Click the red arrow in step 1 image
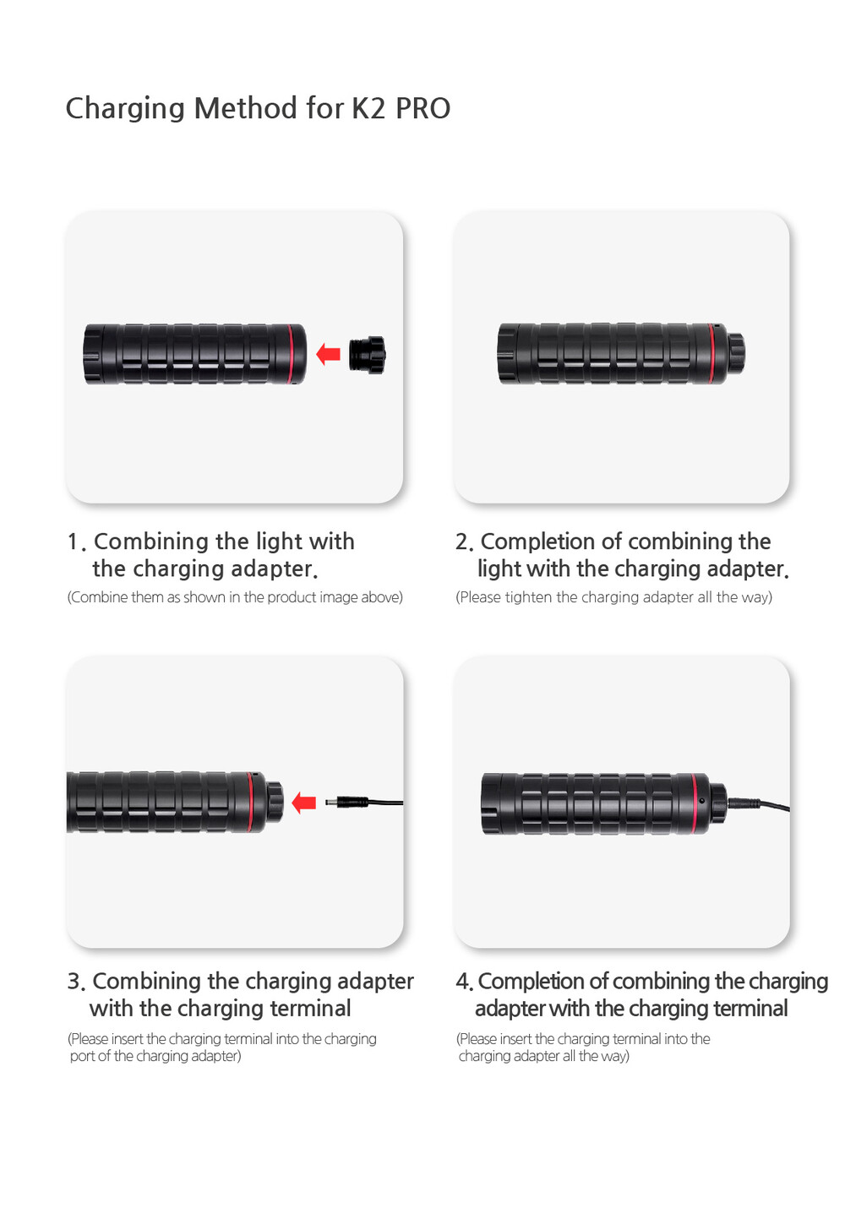click(329, 354)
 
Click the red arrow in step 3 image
click(304, 803)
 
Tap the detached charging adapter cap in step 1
click(368, 355)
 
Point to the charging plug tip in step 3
click(329, 803)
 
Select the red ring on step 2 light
click(711, 354)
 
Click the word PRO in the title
click(422, 108)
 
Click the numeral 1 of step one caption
click(73, 542)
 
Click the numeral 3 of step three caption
click(74, 981)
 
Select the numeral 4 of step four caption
click(463, 981)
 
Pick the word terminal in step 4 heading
click(750, 1009)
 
